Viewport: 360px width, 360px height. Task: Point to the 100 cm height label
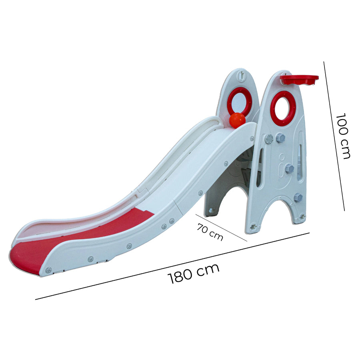343,136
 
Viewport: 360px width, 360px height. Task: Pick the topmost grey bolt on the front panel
280,138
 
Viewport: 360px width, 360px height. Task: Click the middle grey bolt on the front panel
289,169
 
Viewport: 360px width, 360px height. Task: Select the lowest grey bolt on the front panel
298,198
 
